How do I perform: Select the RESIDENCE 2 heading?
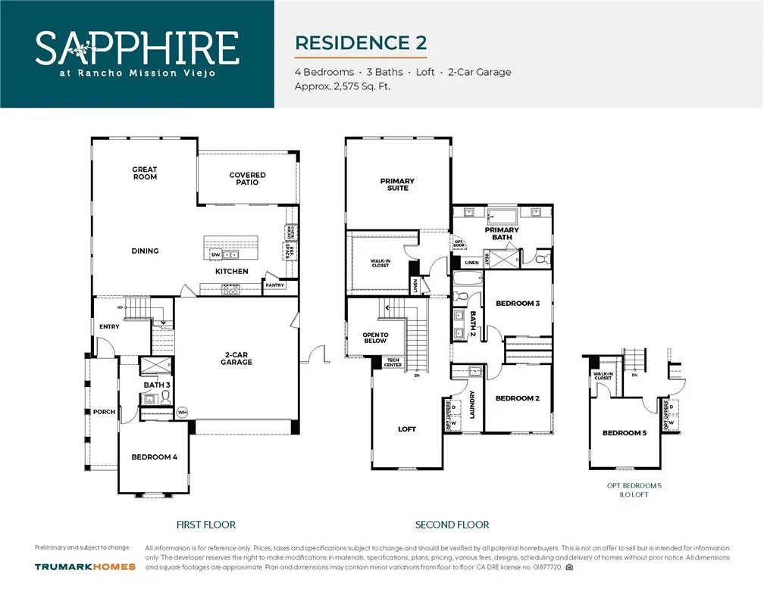(x=360, y=42)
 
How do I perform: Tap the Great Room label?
(x=145, y=173)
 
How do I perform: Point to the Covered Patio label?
(x=247, y=179)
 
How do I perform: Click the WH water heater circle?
(x=182, y=413)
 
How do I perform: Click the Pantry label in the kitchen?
(x=274, y=285)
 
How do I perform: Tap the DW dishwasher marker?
(x=215, y=254)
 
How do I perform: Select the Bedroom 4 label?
(x=154, y=457)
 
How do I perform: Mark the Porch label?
(x=104, y=412)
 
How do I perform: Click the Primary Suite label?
(x=397, y=184)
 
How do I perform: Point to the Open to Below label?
(x=375, y=338)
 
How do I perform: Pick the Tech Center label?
(x=393, y=363)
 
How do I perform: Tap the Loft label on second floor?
(x=407, y=429)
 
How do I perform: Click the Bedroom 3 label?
(x=517, y=304)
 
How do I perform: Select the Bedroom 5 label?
(x=625, y=433)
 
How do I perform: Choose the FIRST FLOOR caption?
(x=205, y=525)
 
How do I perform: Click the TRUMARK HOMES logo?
(x=85, y=566)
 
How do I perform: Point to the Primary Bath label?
(x=502, y=233)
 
